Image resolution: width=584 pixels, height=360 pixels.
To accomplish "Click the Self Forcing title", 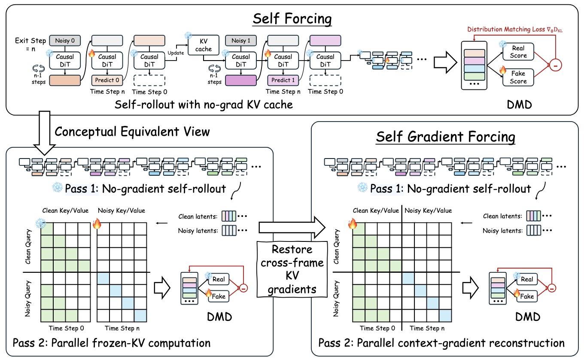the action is pyautogui.click(x=292, y=18).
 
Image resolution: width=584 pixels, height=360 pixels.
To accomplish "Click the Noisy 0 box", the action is pyautogui.click(x=65, y=40).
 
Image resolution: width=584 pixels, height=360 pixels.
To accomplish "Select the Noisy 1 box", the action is pyautogui.click(x=241, y=40).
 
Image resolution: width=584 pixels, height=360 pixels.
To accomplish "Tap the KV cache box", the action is pyautogui.click(x=204, y=45).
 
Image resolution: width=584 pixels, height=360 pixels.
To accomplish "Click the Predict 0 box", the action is pyautogui.click(x=107, y=80).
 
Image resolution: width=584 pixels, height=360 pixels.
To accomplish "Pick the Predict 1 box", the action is pyautogui.click(x=283, y=80).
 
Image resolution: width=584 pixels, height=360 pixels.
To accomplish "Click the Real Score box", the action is pyautogui.click(x=518, y=52).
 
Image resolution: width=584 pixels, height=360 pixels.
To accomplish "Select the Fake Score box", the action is pyautogui.click(x=518, y=77).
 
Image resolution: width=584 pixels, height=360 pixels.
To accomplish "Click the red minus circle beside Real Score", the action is pyautogui.click(x=555, y=65).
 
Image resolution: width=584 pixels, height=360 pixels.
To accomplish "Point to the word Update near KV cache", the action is pyautogui.click(x=176, y=53).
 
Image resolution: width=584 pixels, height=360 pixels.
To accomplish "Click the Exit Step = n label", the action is pyautogui.click(x=30, y=45).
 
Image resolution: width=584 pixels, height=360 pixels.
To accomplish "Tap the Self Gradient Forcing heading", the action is pyautogui.click(x=446, y=137).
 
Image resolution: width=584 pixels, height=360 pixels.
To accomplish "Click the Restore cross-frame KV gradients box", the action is pyautogui.click(x=292, y=269).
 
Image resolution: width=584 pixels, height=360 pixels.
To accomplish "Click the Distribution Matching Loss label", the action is pyautogui.click(x=514, y=29).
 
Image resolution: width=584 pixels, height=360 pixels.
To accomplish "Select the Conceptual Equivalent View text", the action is pyautogui.click(x=132, y=131).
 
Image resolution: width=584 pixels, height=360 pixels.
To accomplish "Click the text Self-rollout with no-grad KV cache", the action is pyautogui.click(x=204, y=105).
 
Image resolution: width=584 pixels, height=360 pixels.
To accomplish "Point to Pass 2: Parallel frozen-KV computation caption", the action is pyautogui.click(x=112, y=343).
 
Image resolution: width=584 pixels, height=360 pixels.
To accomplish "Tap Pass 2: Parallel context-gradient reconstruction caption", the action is pyautogui.click(x=441, y=343).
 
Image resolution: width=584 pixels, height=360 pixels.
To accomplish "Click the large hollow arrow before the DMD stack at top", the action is pyautogui.click(x=445, y=62).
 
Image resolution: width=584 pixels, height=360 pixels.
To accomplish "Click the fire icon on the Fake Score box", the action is pyautogui.click(x=503, y=70).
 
